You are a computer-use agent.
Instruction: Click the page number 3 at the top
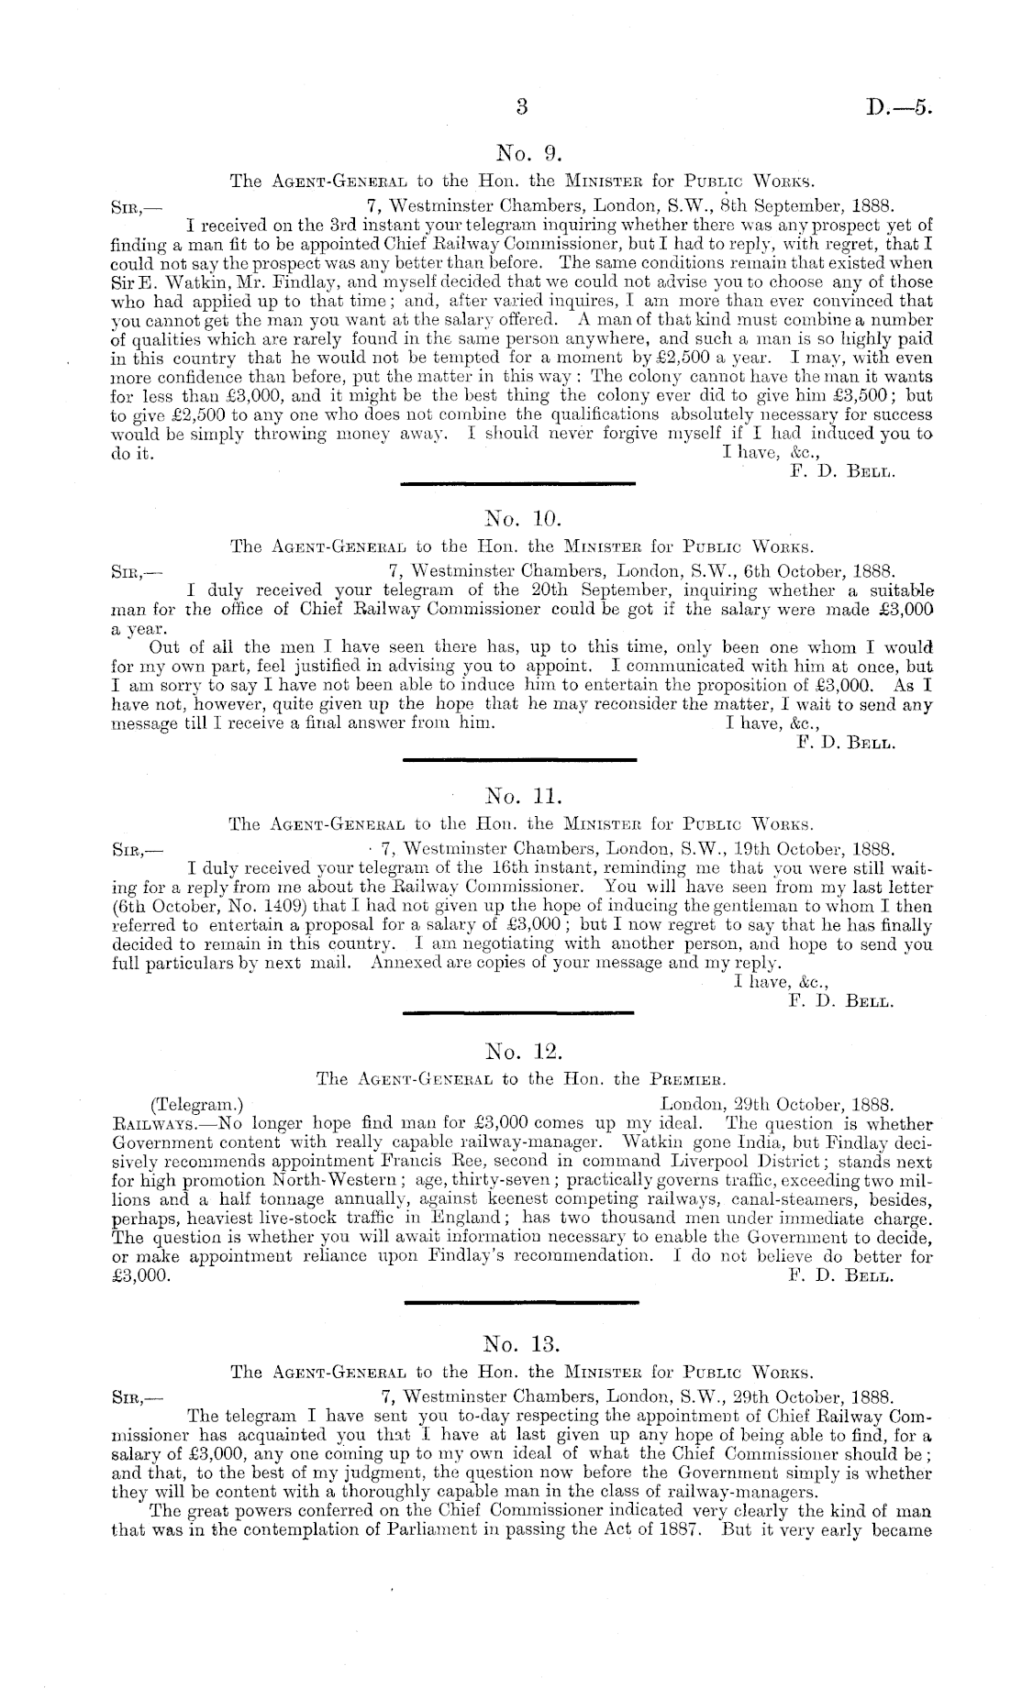click(x=521, y=106)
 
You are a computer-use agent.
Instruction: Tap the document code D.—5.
click(x=899, y=107)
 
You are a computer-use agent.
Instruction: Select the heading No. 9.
click(x=520, y=152)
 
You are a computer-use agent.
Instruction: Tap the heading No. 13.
click(x=520, y=1344)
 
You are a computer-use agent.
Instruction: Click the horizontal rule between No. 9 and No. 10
click(x=519, y=483)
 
